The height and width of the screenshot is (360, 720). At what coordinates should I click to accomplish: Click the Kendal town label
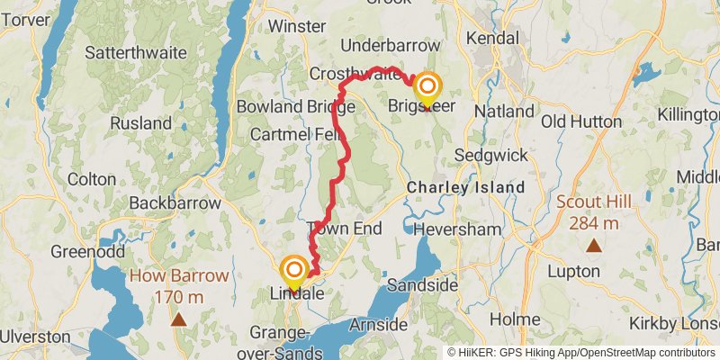point(493,40)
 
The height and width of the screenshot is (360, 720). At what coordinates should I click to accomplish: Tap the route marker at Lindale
point(294,270)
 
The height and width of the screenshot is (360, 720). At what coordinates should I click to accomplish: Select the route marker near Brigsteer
point(427,88)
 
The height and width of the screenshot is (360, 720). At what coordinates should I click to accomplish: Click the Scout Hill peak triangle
point(593,245)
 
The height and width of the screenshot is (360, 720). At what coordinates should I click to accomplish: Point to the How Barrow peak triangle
point(179,318)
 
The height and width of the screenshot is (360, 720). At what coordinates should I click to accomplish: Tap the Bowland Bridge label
point(284,107)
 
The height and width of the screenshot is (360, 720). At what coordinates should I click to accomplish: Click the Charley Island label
point(465,187)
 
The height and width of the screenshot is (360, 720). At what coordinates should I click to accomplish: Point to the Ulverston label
point(35,337)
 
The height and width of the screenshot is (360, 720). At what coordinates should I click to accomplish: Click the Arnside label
point(380,322)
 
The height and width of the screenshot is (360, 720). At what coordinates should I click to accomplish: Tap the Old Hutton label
point(582,121)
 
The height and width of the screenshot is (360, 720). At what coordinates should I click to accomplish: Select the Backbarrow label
point(175,203)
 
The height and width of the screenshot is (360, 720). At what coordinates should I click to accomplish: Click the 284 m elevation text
point(593,223)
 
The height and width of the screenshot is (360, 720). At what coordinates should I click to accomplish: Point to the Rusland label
point(141,122)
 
